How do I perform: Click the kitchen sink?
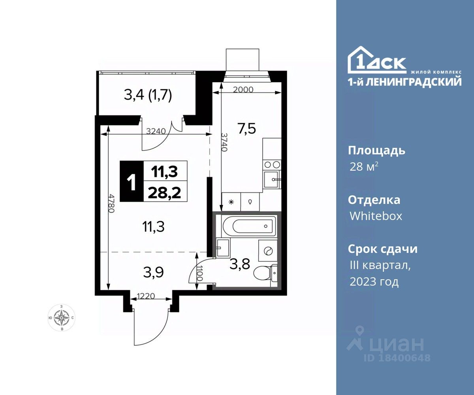click(272, 179)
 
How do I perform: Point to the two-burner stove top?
click(272, 164)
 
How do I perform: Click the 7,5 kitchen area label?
click(246, 129)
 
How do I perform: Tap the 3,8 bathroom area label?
click(240, 264)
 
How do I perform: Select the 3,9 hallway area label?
click(154, 273)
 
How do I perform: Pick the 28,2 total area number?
click(165, 193)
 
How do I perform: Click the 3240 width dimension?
click(156, 131)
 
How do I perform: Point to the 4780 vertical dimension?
click(111, 203)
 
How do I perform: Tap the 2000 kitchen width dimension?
click(243, 90)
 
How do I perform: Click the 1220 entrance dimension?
click(146, 296)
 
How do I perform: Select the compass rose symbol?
click(62, 318)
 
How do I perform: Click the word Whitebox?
click(376, 216)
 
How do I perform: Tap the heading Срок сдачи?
click(382, 249)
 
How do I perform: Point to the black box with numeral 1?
click(132, 181)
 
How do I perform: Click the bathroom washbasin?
click(222, 248)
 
